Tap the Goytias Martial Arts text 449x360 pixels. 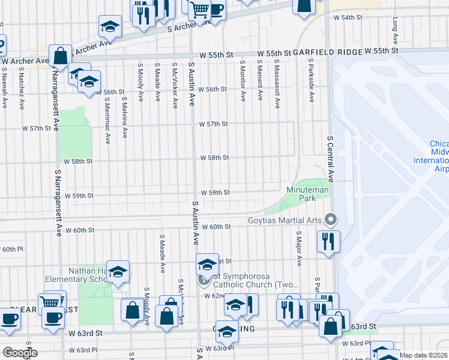click(x=285, y=220)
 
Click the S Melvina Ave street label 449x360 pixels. click(x=125, y=118)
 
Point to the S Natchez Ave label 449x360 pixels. click(x=20, y=89)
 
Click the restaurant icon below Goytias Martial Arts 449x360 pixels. click(x=328, y=242)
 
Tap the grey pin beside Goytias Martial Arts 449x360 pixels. click(x=328, y=220)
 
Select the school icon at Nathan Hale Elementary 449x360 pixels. click(x=118, y=272)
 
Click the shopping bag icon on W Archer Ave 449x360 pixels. click(x=60, y=56)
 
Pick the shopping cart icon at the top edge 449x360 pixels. click(x=199, y=10)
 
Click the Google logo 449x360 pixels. click(x=20, y=353)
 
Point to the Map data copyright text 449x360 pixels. click(x=423, y=355)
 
